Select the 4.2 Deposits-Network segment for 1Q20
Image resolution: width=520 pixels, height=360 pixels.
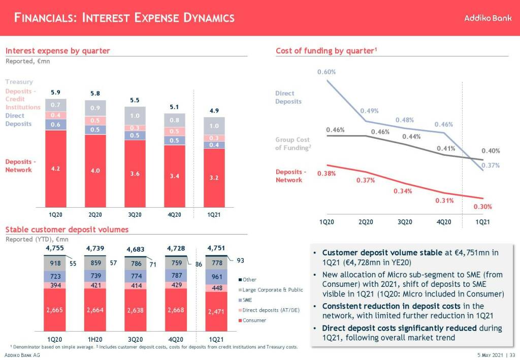[56, 169]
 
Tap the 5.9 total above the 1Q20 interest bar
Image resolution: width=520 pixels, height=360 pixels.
[56, 93]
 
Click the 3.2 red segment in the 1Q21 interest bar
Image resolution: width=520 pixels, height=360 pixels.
[214, 178]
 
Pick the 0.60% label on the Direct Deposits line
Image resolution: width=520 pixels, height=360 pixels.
[327, 72]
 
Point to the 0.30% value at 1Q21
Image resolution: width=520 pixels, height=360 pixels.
[482, 207]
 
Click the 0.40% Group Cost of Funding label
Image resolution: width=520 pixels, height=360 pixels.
[491, 151]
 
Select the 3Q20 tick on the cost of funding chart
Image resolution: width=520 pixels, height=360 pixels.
[405, 222]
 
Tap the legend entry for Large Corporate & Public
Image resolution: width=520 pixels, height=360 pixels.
[272, 290]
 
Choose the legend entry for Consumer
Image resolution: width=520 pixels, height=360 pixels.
[254, 320]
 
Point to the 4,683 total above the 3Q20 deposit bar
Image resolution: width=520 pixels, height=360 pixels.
[135, 249]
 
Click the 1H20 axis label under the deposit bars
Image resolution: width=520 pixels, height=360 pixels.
[94, 339]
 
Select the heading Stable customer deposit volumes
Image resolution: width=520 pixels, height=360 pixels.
[67, 230]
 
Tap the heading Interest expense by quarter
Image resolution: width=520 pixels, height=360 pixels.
[58, 51]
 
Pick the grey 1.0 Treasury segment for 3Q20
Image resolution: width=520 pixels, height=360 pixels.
[135, 115]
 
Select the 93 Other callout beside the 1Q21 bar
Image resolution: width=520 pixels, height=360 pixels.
[240, 260]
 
